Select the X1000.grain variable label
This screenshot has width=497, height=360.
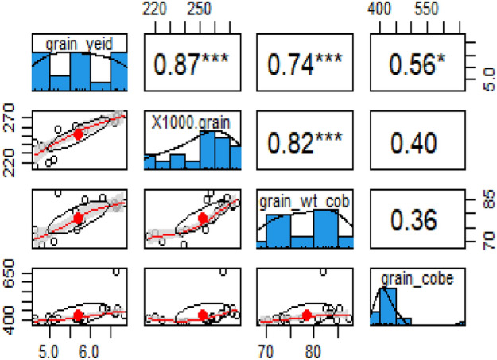coord(190,121)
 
